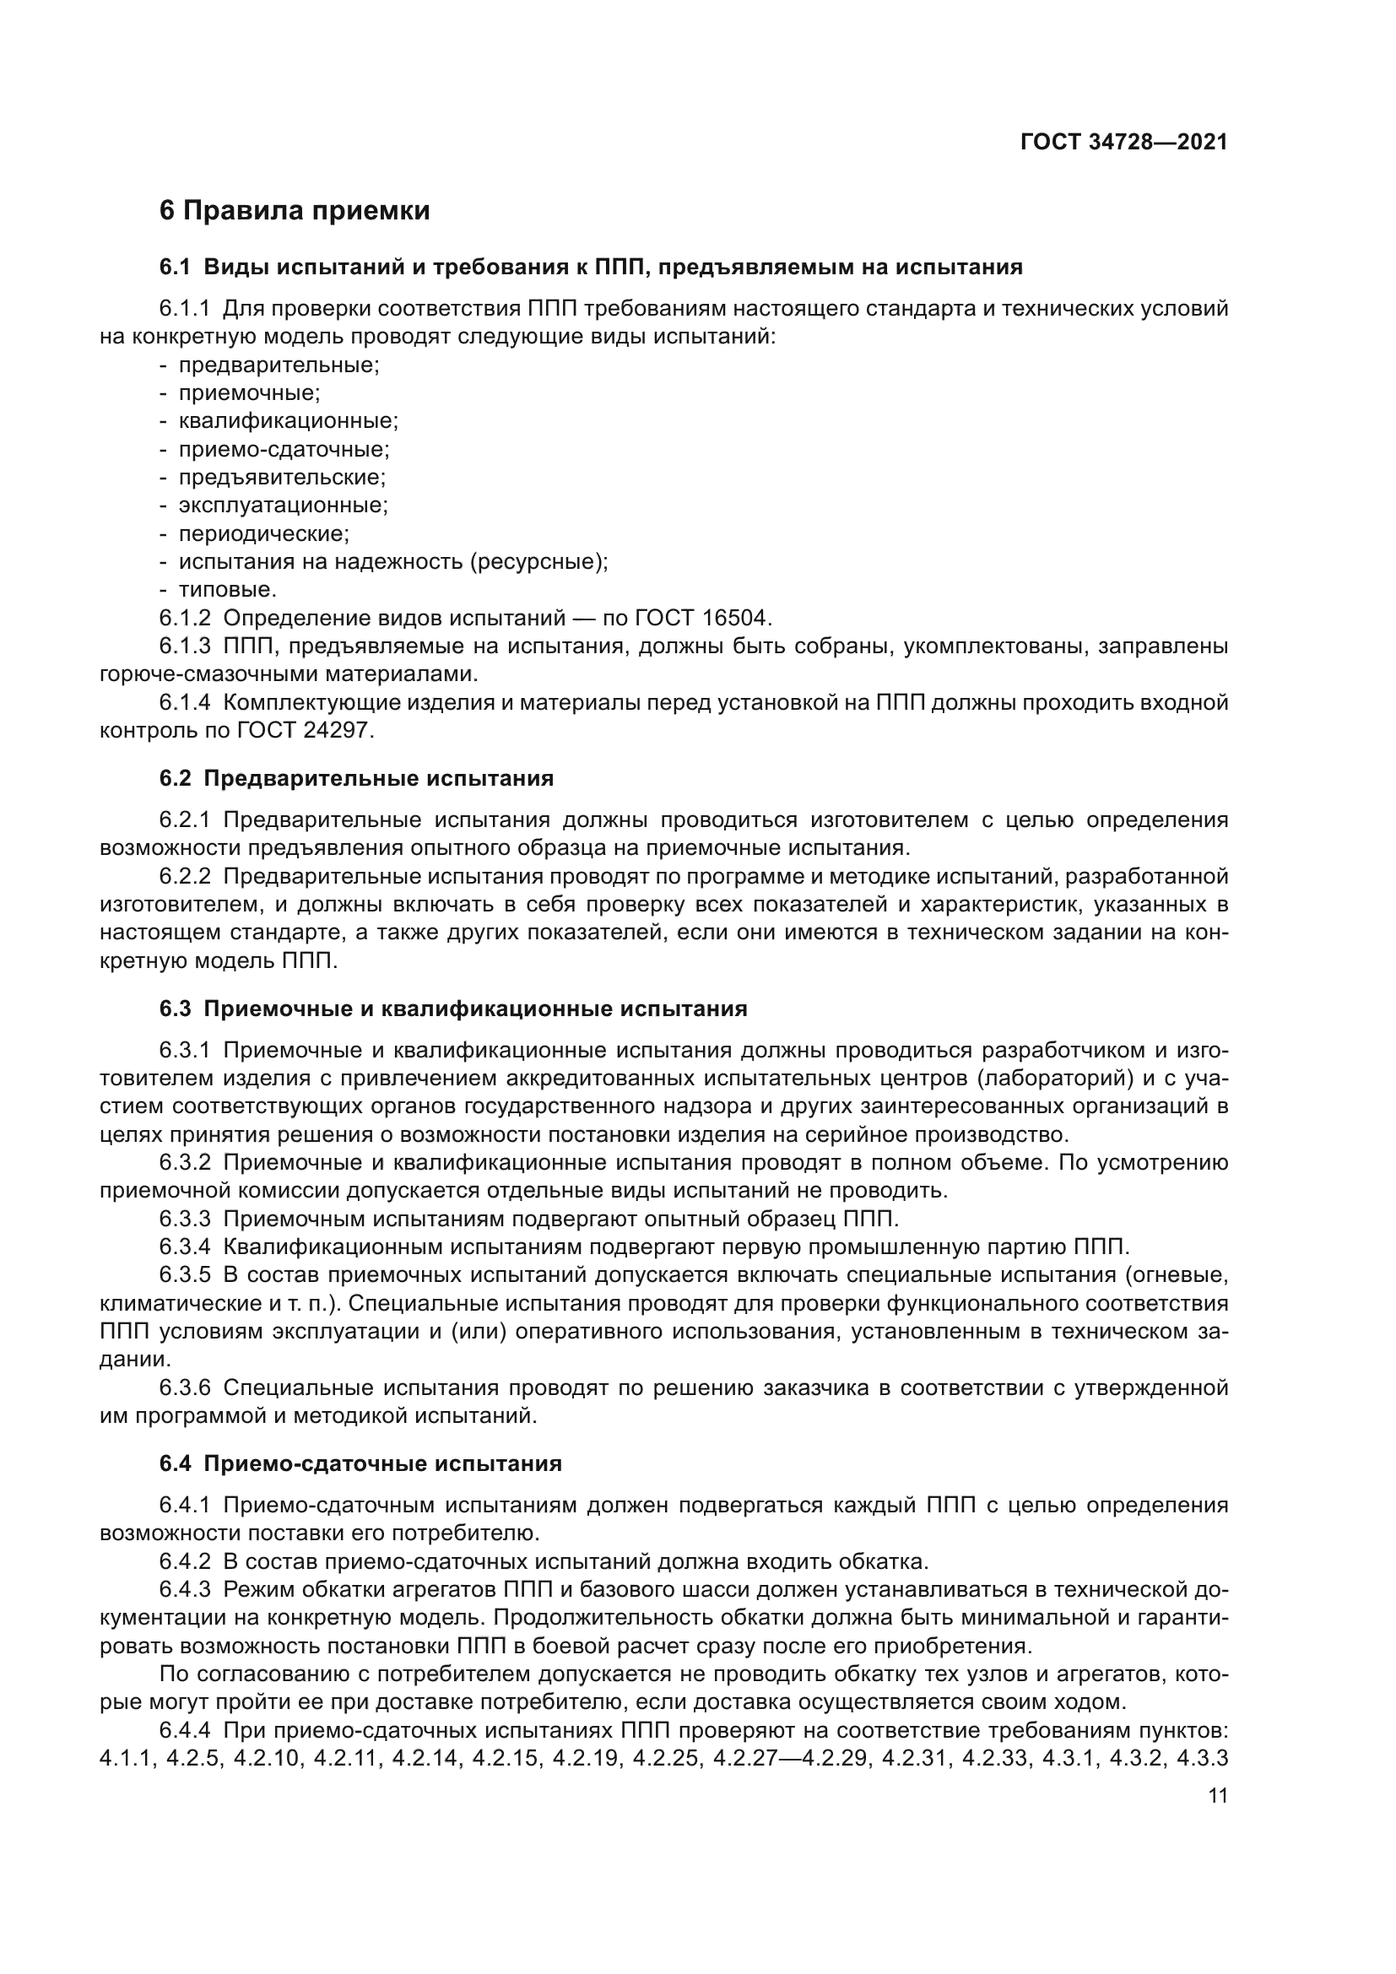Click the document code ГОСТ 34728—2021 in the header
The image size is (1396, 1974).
[1123, 143]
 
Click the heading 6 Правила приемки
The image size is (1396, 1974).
[294, 211]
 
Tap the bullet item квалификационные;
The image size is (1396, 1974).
[288, 421]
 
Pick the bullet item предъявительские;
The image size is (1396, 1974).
[282, 477]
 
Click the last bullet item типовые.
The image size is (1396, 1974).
[227, 590]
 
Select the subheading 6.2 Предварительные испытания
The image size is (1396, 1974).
[356, 779]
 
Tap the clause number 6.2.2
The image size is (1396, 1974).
[184, 877]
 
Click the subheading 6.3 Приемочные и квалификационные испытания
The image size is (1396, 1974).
[453, 1009]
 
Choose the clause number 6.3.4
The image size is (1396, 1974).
[184, 1247]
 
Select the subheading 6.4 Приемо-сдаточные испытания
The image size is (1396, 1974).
[360, 1464]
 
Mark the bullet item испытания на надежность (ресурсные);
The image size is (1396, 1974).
[392, 562]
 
